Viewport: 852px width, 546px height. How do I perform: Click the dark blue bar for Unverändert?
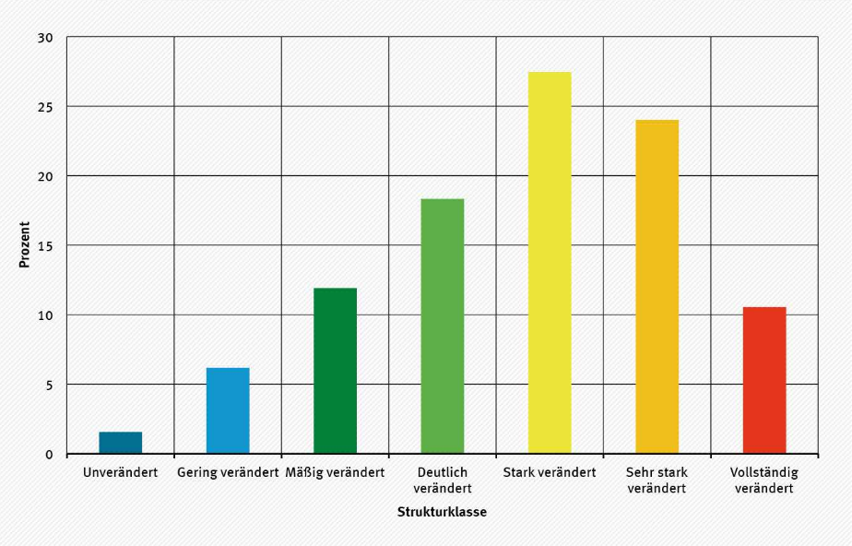[x=121, y=443]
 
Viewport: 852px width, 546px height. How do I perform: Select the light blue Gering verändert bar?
[x=228, y=410]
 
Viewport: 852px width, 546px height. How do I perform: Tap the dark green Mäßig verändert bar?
[x=335, y=371]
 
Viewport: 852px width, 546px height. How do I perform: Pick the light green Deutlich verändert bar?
[x=443, y=326]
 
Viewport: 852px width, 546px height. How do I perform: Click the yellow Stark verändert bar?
[x=550, y=263]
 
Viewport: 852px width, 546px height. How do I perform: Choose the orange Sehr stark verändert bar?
[x=657, y=287]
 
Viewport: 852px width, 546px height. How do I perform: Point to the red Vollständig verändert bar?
[x=764, y=380]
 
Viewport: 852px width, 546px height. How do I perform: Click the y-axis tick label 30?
[x=46, y=38]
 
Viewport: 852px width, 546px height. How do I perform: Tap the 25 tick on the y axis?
[x=46, y=107]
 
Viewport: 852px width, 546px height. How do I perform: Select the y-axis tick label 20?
[x=46, y=176]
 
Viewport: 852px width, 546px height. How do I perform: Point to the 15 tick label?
[x=46, y=245]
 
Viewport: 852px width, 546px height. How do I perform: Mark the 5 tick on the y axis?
[x=50, y=385]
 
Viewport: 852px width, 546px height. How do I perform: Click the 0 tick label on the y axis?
[x=50, y=454]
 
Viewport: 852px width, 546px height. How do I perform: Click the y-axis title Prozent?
[x=25, y=244]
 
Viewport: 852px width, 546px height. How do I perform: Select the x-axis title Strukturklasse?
[x=442, y=512]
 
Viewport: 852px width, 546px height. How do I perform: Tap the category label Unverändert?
[x=121, y=473]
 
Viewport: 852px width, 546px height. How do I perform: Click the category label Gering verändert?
[x=228, y=473]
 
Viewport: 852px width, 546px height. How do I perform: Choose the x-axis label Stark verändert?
[x=550, y=473]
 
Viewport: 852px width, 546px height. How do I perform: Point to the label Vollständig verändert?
[x=764, y=481]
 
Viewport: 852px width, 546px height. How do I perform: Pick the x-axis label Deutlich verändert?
[x=443, y=481]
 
